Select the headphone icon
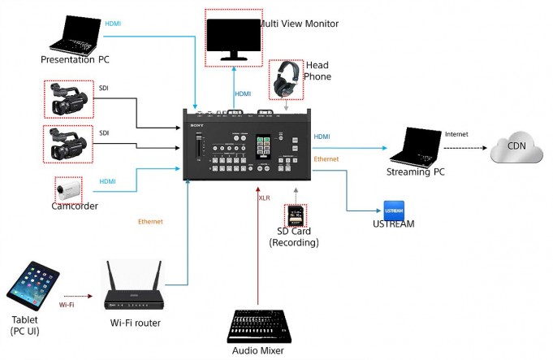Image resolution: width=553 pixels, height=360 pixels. click(x=287, y=80)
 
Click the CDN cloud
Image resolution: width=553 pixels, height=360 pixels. click(x=516, y=150)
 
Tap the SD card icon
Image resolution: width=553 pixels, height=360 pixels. click(x=295, y=215)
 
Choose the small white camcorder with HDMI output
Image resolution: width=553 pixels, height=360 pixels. click(x=67, y=191)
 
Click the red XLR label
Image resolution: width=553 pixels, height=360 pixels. click(x=264, y=197)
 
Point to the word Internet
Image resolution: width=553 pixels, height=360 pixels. click(x=457, y=133)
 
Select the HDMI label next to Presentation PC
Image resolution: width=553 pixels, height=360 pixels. click(x=114, y=24)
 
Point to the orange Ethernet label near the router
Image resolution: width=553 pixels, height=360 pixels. click(x=150, y=221)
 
